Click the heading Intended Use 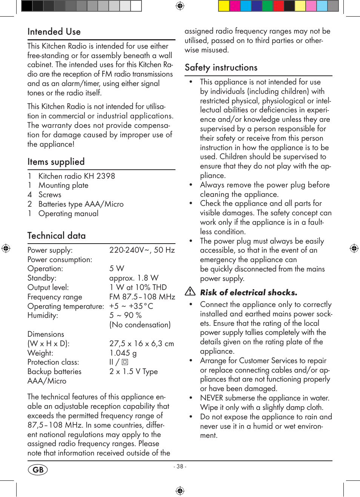click(54, 32)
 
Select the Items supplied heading click(56, 162)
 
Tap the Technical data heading click(56, 236)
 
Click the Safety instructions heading click(221, 67)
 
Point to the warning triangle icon click(190, 291)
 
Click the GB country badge click(38, 469)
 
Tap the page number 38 click(180, 466)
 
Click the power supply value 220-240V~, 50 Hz click(142, 250)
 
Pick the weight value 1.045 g click(123, 353)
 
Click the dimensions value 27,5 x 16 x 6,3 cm click(142, 344)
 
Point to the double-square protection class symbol click(125, 362)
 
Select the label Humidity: click(43, 315)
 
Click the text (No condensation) click(140, 325)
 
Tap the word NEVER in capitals click(211, 398)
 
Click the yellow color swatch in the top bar click(224, 6)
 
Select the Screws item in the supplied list click(50, 195)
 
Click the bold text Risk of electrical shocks click(248, 292)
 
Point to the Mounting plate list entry click(63, 185)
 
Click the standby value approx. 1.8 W click(134, 278)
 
